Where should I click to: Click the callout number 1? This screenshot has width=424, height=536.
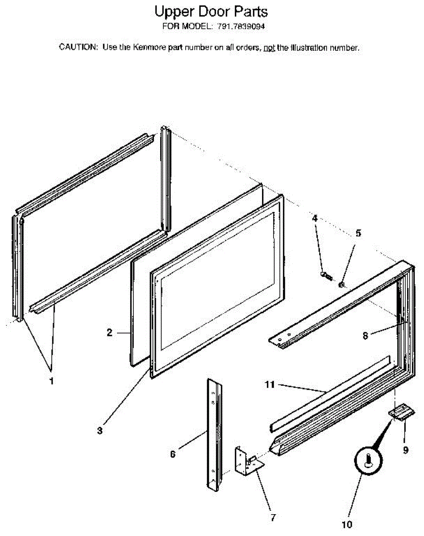pyautogui.click(x=51, y=381)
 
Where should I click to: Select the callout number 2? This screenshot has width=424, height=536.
pyautogui.click(x=109, y=332)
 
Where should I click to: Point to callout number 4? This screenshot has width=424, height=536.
pyautogui.click(x=315, y=218)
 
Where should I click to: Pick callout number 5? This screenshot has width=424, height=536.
pyautogui.click(x=358, y=233)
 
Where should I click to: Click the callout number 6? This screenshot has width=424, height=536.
pyautogui.click(x=173, y=454)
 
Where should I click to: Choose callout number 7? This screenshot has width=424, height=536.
pyautogui.click(x=273, y=518)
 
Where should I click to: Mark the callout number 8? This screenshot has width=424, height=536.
pyautogui.click(x=366, y=335)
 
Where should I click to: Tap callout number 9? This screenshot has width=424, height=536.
pyautogui.click(x=406, y=450)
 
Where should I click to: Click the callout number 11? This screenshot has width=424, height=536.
pyautogui.click(x=270, y=384)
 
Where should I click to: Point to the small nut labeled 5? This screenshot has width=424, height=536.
pyautogui.click(x=342, y=284)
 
